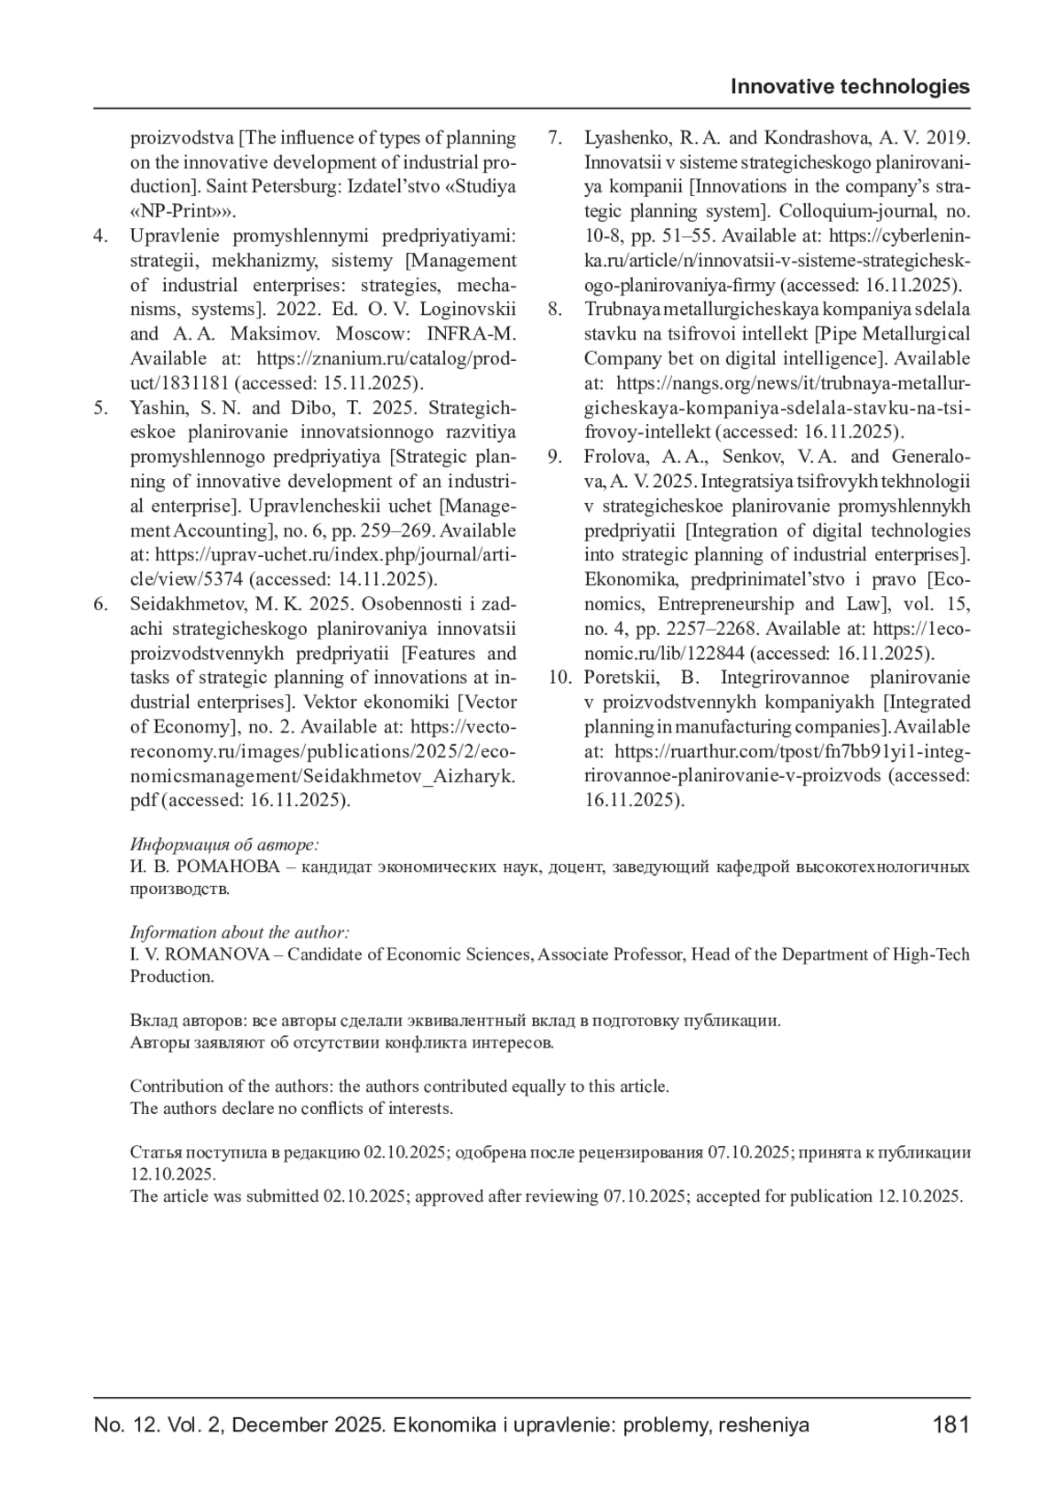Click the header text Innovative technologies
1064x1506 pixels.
(849, 86)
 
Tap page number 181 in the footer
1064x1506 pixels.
(951, 1424)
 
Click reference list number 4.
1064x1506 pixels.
(101, 236)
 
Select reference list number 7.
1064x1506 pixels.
(555, 138)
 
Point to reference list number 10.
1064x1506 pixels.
(559, 678)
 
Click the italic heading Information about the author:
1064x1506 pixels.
(239, 932)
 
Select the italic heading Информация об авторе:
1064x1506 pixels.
(224, 844)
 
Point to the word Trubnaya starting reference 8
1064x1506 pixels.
(615, 310)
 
